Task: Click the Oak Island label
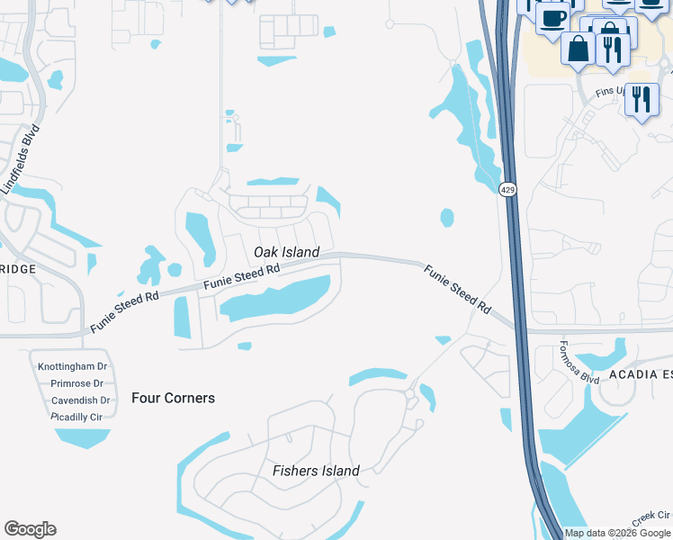coord(286,252)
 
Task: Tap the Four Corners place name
coord(173,398)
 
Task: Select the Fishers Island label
coord(316,471)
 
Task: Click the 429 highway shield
coord(508,189)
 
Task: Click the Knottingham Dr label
coord(73,366)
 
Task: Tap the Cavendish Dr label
coord(80,400)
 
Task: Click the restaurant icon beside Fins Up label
coord(641,98)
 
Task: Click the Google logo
coord(30,529)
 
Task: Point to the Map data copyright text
coord(618,533)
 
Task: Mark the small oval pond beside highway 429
coord(446,218)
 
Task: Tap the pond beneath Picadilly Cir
coord(83,437)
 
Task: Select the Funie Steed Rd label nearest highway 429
coord(458,288)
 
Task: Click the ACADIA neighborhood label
coord(639,374)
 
